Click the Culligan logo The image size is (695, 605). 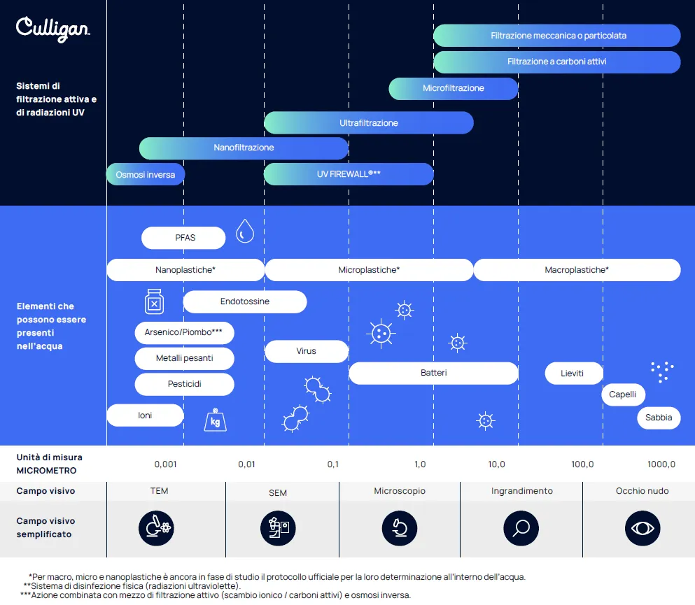52,29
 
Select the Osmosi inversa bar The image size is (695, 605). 146,174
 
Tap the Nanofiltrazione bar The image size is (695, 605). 244,148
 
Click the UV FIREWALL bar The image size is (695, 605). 349,174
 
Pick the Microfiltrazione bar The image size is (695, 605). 454,88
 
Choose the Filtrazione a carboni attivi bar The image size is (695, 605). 556,62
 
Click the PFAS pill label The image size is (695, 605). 183,238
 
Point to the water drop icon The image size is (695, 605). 245,231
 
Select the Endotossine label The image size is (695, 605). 245,301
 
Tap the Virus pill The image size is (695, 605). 307,351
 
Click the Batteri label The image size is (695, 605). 433,373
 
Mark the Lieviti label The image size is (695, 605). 573,373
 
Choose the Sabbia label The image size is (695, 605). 659,418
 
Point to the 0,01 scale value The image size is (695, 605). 246,464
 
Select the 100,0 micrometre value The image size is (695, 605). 582,464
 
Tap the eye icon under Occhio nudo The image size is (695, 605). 643,528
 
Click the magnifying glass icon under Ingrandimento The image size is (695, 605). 521,528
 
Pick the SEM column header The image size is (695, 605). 278,493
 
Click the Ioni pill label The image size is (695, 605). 145,415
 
